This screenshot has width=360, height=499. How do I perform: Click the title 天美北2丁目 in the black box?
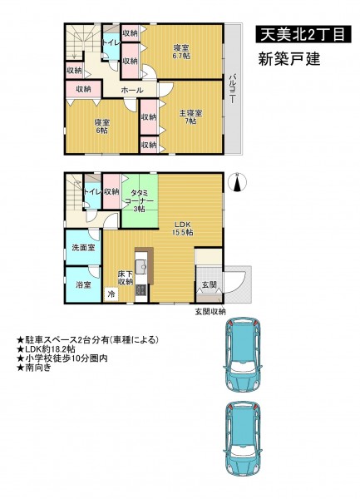click(303, 34)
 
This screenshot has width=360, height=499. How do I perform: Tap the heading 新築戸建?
click(288, 59)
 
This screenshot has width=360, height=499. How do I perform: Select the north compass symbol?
click(238, 183)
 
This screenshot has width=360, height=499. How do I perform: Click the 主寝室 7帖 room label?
click(190, 117)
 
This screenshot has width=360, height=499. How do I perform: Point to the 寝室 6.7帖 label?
click(181, 52)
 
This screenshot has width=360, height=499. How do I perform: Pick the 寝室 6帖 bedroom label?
click(101, 126)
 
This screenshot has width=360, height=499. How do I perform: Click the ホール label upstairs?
click(132, 91)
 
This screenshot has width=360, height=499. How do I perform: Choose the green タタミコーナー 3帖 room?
click(140, 201)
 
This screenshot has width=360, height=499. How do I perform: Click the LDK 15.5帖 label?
click(182, 228)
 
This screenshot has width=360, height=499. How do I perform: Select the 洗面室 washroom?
click(83, 247)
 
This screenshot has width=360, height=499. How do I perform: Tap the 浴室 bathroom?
click(83, 284)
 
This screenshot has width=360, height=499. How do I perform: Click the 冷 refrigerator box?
click(111, 294)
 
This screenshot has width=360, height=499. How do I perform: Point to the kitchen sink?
click(141, 266)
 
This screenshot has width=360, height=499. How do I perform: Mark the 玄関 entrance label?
click(210, 284)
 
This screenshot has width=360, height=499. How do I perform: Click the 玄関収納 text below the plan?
click(210, 312)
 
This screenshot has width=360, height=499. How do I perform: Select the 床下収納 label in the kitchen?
click(126, 278)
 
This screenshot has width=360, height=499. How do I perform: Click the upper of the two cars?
click(242, 354)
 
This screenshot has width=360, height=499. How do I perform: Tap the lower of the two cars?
click(243, 439)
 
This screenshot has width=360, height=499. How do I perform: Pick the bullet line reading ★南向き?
click(33, 368)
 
